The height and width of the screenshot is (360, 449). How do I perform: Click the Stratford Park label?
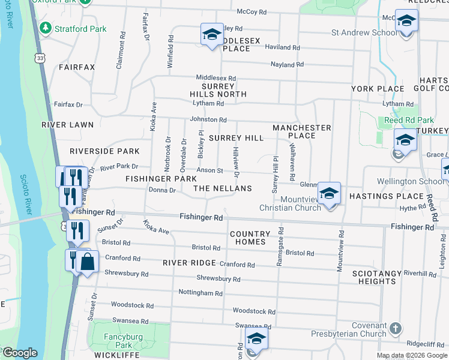click(80, 28)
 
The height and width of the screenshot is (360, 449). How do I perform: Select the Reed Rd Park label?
click(401, 121)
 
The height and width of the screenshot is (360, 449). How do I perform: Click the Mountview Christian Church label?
click(290, 203)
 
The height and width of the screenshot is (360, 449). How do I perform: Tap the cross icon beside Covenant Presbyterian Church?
click(395, 328)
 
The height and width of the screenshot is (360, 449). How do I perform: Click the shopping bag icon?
click(88, 262)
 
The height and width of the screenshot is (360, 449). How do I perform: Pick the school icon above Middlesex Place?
click(212, 35)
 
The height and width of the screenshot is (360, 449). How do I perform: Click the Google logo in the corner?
click(19, 353)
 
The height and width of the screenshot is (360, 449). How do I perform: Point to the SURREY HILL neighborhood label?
click(236, 138)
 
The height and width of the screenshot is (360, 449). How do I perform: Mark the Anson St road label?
click(211, 170)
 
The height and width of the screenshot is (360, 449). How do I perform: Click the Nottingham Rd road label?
click(200, 293)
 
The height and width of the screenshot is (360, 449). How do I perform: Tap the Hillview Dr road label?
click(237, 162)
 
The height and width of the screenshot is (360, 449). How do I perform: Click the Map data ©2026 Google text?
click(411, 355)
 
